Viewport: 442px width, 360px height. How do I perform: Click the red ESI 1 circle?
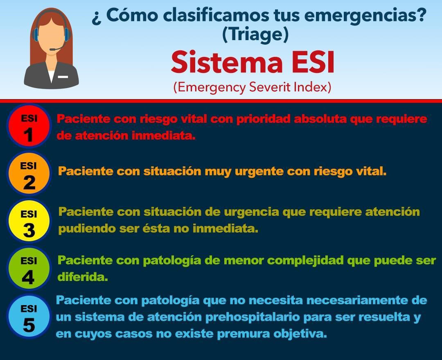pos(29,126)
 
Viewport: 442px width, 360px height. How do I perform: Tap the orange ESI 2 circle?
pos(29,173)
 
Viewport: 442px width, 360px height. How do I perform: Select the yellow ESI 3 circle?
pos(29,221)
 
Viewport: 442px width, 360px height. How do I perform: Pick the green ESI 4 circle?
pos(29,268)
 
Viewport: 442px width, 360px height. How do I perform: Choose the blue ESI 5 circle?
pos(29,316)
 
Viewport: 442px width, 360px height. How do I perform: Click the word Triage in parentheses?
pos(255,34)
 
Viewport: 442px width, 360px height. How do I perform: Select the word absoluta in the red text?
pos(320,119)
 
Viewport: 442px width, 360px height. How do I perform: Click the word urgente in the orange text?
pos(259,172)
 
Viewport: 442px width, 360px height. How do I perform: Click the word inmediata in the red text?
pos(163,136)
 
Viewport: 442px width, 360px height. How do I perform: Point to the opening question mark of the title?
pos(97,18)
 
